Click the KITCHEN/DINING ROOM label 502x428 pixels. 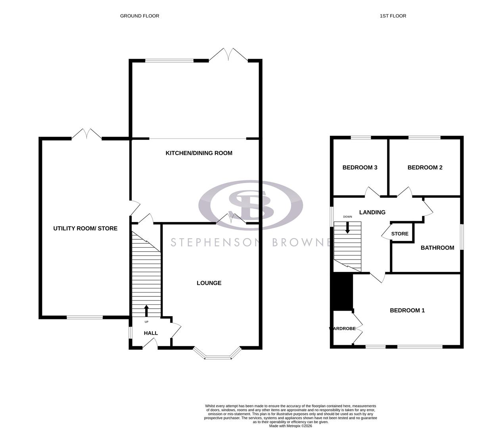[x=199, y=153]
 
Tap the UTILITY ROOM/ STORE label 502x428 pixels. [x=85, y=228]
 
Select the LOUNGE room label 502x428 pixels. [x=209, y=283]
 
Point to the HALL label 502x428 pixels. [x=151, y=333]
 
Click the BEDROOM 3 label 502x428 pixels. [x=360, y=167]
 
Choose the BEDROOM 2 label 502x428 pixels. [x=425, y=167]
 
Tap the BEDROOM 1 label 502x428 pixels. [x=407, y=310]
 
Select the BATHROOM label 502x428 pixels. [x=437, y=248]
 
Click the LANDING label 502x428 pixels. [x=372, y=212]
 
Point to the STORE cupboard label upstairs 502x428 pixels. [x=400, y=234]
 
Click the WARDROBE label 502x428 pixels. [x=342, y=329]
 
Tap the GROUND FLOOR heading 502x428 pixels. [x=140, y=16]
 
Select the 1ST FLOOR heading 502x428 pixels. [x=393, y=16]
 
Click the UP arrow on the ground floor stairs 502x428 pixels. [x=146, y=310]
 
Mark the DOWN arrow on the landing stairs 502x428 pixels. [x=348, y=227]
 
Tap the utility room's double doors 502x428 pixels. [x=86, y=134]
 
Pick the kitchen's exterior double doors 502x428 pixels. [x=228, y=55]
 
